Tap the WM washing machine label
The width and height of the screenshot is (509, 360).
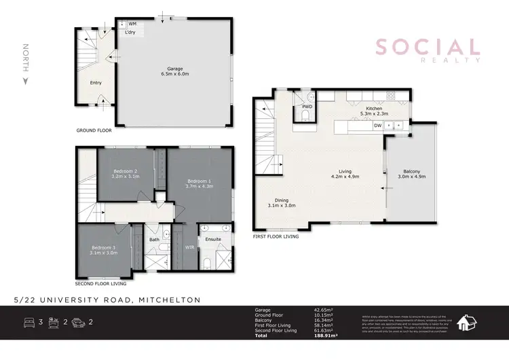pos(132,24)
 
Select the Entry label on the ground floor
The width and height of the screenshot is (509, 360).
pos(96,83)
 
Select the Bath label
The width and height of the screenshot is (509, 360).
pos(154,239)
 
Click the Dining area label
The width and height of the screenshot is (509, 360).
pos(278,200)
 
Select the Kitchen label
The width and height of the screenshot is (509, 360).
pos(375,109)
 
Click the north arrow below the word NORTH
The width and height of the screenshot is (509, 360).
pos(25,81)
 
